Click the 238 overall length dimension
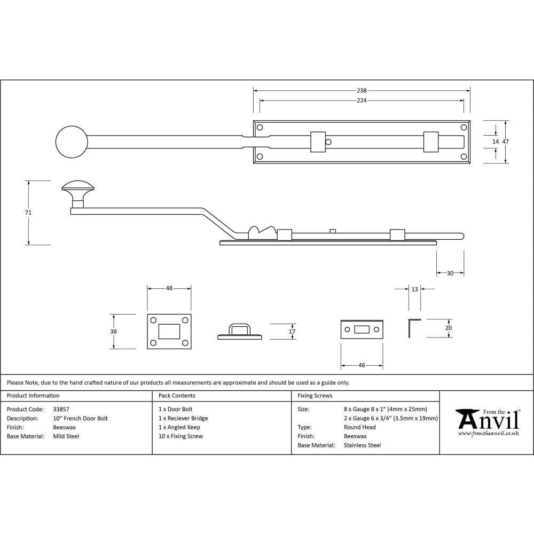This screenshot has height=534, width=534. tap(362, 91)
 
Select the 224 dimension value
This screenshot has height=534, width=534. tap(362, 100)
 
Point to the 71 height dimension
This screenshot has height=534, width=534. tap(28, 213)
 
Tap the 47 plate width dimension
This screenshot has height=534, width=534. tap(506, 142)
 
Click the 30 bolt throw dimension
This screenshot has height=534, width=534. tap(450, 273)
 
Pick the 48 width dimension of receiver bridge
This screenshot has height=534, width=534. tap(169, 288)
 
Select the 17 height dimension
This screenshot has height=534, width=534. tap(292, 332)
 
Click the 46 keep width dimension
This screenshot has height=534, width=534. tap(362, 365)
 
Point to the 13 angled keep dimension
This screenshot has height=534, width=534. tap(415, 289)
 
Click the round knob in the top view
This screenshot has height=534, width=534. tap(72, 142)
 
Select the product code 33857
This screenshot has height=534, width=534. tap(61, 409)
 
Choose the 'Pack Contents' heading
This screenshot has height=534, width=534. tap(177, 396)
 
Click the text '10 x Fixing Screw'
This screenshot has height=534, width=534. tap(180, 436)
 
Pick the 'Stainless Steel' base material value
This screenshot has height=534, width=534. tap(362, 445)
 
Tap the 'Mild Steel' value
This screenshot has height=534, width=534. tap(66, 436)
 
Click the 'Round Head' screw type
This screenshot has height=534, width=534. tap(359, 427)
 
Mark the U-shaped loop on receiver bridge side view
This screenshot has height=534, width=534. tap(239, 328)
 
